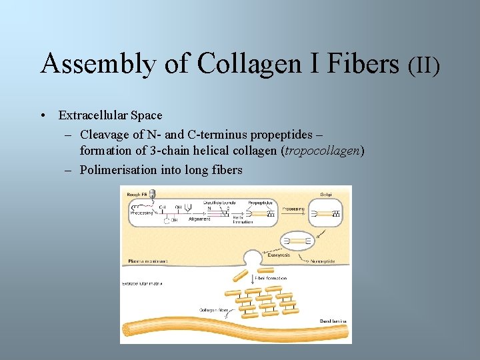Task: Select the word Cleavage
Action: (107, 135)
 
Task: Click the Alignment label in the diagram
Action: (199, 219)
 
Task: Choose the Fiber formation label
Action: (272, 278)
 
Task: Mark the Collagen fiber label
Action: (215, 310)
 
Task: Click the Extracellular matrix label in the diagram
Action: (142, 283)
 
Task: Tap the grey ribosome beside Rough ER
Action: (153, 194)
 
